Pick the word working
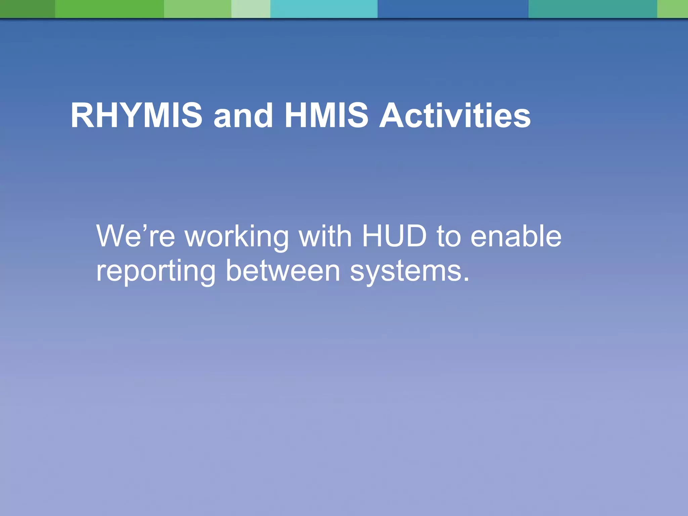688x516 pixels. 237,237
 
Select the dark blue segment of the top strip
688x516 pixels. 453,9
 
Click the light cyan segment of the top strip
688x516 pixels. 324,9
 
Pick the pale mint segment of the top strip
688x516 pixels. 251,9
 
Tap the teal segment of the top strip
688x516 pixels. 592,9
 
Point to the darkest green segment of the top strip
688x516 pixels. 27,9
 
